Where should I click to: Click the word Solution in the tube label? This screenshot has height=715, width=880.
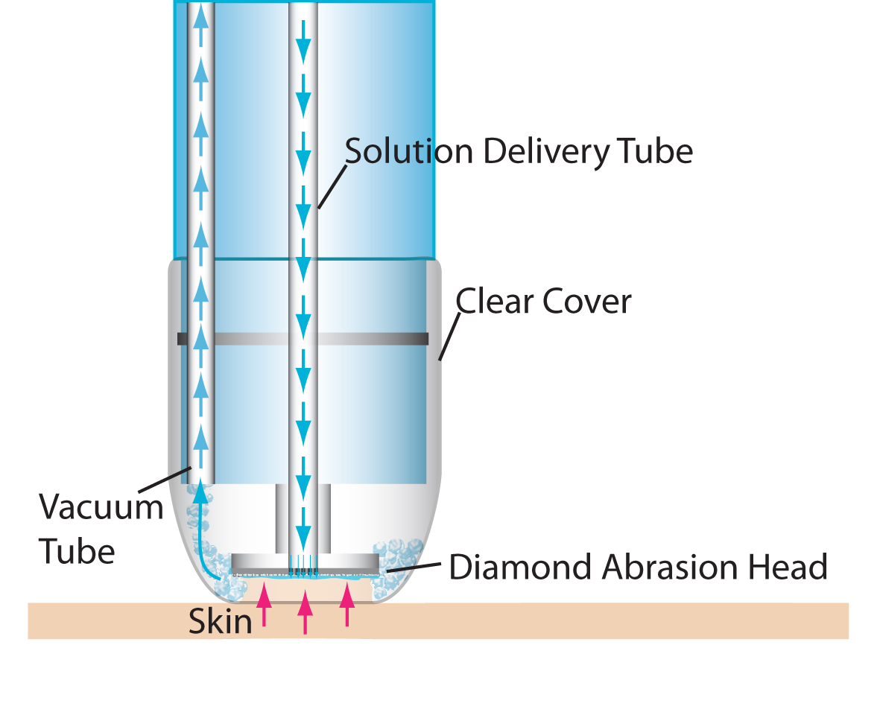click(408, 151)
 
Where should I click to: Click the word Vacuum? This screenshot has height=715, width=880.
click(101, 508)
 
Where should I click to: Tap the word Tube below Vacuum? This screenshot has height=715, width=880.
click(77, 552)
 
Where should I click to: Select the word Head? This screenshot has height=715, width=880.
click(793, 568)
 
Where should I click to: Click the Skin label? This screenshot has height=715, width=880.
click(220, 621)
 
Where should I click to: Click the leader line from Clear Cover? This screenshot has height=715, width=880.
click(449, 335)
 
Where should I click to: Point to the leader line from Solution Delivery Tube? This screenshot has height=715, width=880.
click(332, 186)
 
